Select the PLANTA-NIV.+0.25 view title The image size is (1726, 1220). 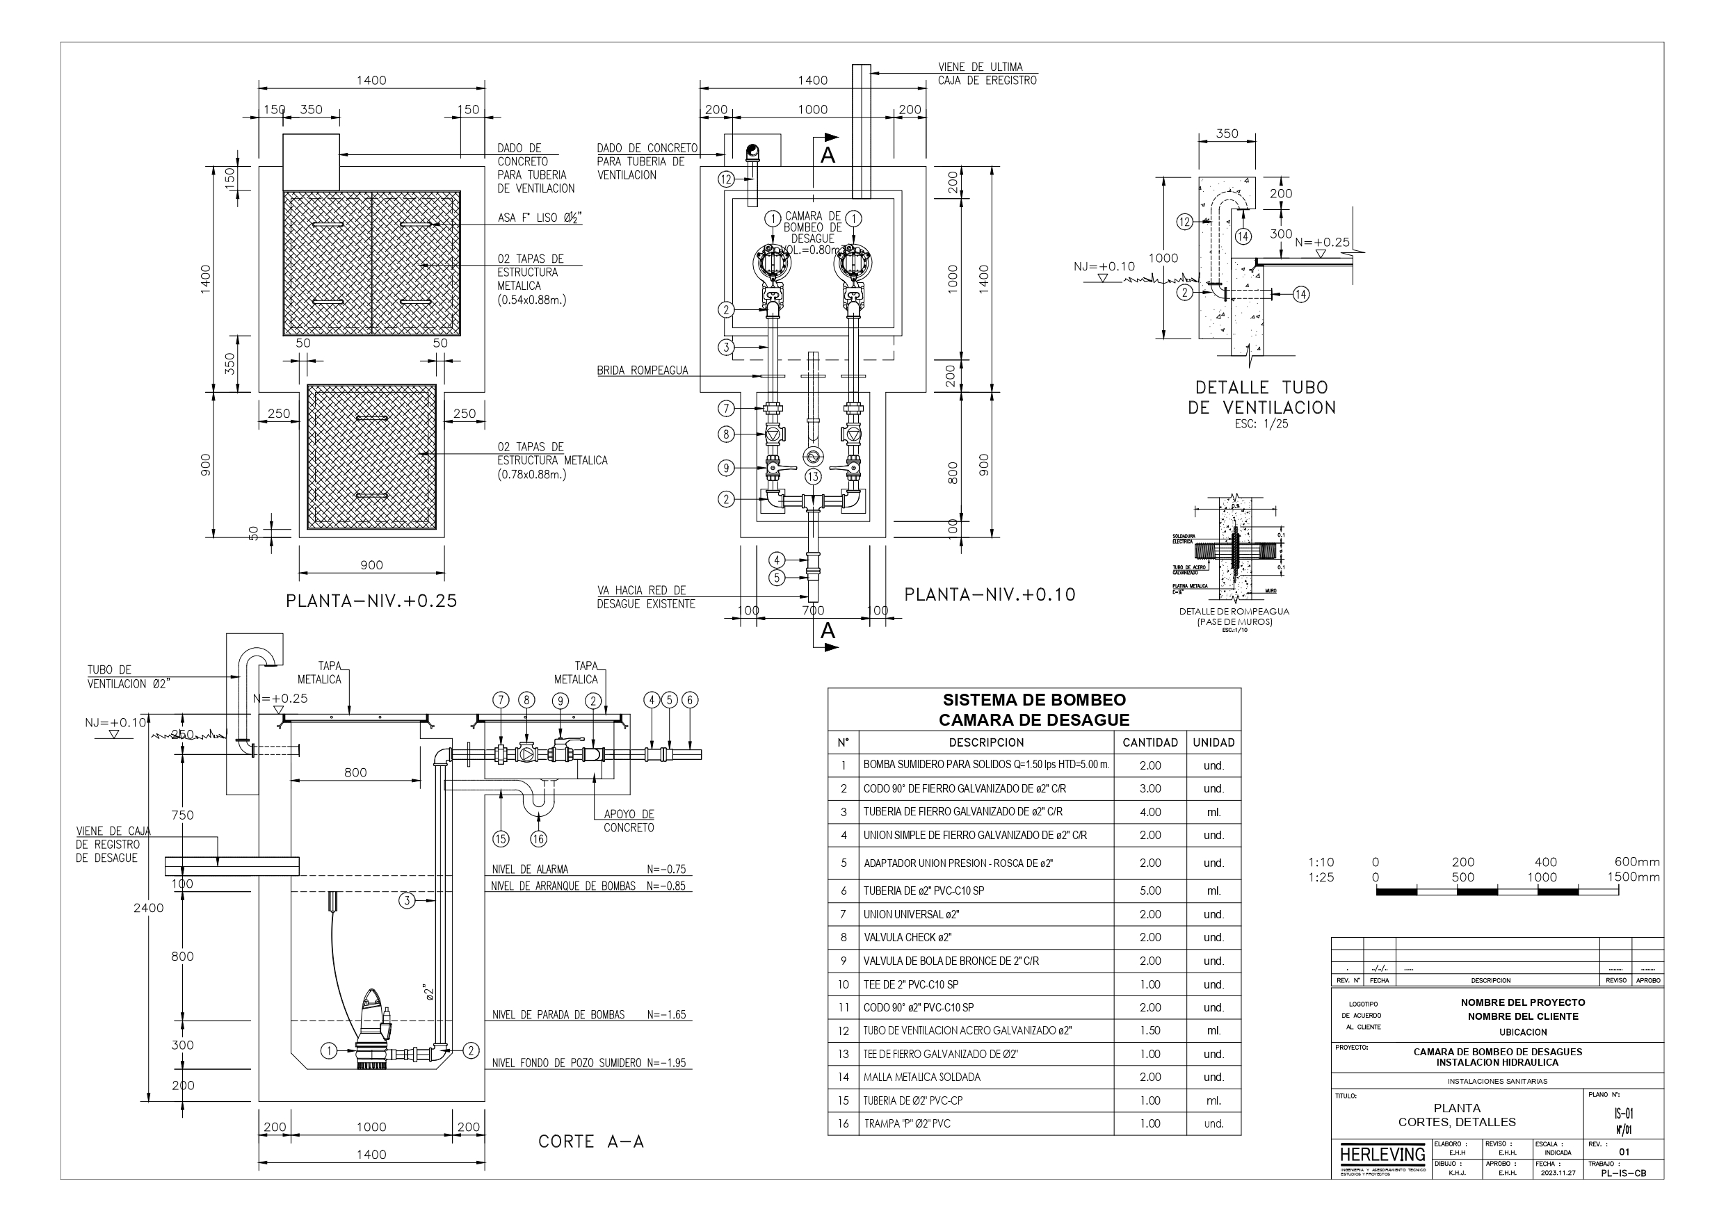tap(371, 601)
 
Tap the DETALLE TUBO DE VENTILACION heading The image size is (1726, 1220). tap(1261, 398)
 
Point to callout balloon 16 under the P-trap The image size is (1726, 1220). tap(538, 839)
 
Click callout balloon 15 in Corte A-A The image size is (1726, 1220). tap(501, 839)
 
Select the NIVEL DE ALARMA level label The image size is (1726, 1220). tap(530, 869)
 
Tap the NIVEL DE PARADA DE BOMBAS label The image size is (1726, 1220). tap(558, 1015)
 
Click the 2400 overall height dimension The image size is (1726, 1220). tap(149, 908)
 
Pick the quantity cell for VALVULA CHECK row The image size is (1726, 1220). tap(1150, 937)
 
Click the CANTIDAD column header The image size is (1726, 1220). tap(1150, 742)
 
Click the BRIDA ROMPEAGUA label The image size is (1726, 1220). tap(642, 371)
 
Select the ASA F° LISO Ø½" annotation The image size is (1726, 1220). tap(540, 218)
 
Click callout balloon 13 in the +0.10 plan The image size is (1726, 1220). tap(813, 477)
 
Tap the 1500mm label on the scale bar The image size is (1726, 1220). tap(1633, 877)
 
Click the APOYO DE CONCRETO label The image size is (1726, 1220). tap(629, 821)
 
